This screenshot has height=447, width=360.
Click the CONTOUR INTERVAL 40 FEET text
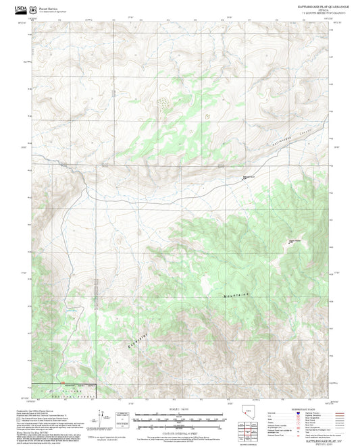pos(180,426)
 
